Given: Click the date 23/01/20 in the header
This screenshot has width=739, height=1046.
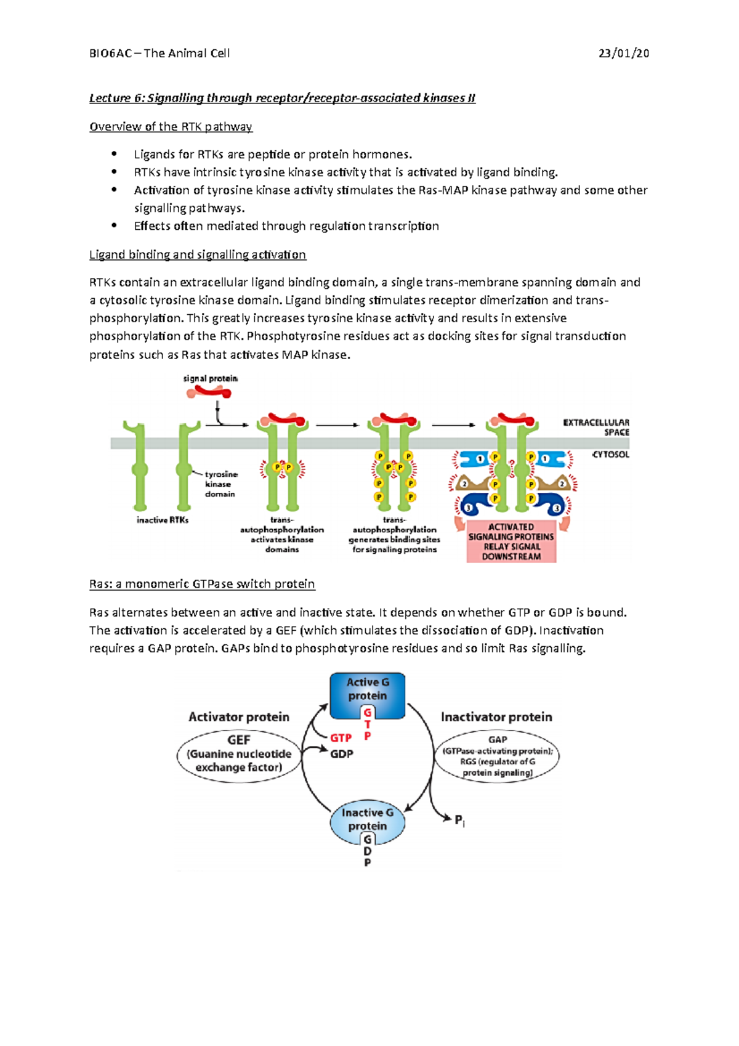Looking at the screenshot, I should point(623,54).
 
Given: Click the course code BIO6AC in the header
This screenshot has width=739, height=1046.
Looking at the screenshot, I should point(110,54).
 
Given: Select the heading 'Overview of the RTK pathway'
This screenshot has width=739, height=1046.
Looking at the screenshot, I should point(171,127).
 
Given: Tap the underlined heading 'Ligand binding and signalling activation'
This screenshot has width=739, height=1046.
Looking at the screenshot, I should point(197,255).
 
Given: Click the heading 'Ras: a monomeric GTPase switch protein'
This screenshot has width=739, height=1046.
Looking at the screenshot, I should point(202,584).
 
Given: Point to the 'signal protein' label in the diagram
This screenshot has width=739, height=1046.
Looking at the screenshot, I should point(210,379).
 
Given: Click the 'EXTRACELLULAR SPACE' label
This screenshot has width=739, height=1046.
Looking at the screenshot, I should point(596,428).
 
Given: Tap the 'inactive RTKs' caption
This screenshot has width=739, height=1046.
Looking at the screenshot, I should point(163,521).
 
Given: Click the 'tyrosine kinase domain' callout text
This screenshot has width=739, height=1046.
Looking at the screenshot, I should point(220,484).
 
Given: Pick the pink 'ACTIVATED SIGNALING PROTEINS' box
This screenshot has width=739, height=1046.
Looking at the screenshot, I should point(511,541).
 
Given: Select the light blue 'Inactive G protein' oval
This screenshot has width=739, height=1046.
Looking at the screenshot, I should point(367,820).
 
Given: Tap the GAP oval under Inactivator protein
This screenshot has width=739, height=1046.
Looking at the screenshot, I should point(498,756).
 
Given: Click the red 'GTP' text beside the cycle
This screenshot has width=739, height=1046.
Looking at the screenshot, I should point(341,737).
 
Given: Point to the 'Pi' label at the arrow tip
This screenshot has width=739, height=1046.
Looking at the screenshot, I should point(459,821).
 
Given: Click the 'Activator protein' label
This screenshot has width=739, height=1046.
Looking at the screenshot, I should point(239,717).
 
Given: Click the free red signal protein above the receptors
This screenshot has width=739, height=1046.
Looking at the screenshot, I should point(209,392).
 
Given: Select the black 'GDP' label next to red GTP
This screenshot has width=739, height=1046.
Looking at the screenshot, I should point(342,754).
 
